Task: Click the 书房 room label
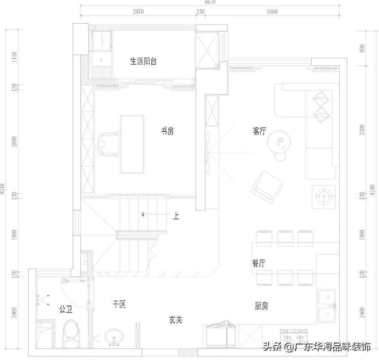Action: [168, 131]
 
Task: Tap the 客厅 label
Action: [259, 131]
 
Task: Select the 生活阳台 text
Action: [143, 61]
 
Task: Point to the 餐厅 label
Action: [258, 263]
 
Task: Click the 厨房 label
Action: [262, 306]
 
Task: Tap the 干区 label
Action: [119, 304]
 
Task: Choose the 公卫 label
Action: [65, 309]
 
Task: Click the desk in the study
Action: [133, 144]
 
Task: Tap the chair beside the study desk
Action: [108, 144]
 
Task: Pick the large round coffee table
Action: [280, 143]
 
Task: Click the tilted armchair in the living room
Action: [267, 187]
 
